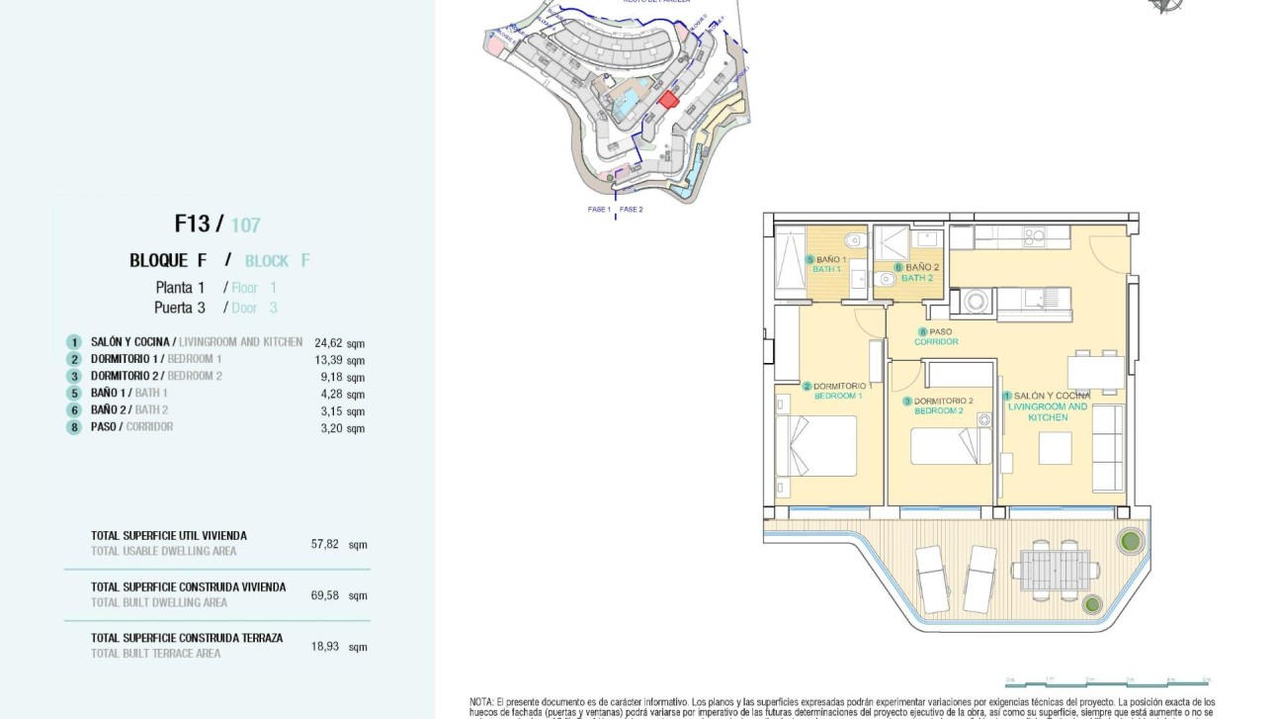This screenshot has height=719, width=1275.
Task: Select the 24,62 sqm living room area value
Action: pyautogui.click(x=327, y=343)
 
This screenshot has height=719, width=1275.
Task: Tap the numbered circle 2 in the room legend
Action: pyautogui.click(x=73, y=359)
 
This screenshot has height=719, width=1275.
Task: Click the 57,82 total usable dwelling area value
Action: pyautogui.click(x=325, y=544)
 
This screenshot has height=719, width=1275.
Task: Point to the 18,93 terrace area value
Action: pyautogui.click(x=325, y=647)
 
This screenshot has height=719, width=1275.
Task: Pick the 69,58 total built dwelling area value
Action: pyautogui.click(x=325, y=595)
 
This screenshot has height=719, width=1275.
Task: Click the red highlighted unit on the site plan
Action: pyautogui.click(x=669, y=99)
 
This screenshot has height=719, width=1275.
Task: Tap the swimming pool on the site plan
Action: pyautogui.click(x=626, y=101)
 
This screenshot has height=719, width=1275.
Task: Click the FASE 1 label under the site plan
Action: pyautogui.click(x=599, y=210)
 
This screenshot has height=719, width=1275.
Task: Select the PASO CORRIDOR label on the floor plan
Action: pyautogui.click(x=936, y=337)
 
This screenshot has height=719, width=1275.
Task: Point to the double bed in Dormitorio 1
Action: pyautogui.click(x=816, y=446)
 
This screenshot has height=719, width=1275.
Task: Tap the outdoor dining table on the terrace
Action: pyautogui.click(x=1054, y=571)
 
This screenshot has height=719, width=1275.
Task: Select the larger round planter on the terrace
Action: pyautogui.click(x=1131, y=541)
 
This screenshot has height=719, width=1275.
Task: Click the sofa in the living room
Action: pyautogui.click(x=1108, y=448)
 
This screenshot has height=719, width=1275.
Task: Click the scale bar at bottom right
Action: pyautogui.click(x=1107, y=682)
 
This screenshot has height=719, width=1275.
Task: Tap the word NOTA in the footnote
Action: pyautogui.click(x=481, y=700)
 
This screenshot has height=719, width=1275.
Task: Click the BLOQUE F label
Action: pyautogui.click(x=168, y=261)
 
